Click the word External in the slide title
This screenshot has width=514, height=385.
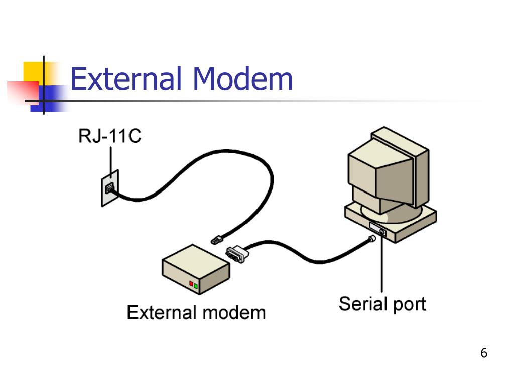[125, 79]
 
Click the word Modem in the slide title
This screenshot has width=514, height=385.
[242, 79]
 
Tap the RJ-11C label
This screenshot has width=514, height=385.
[110, 136]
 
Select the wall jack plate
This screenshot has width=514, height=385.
[110, 188]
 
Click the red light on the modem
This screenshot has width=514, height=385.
[191, 284]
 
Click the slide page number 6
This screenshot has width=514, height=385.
[484, 353]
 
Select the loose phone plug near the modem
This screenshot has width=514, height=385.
[217, 239]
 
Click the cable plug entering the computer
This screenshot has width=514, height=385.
[373, 239]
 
